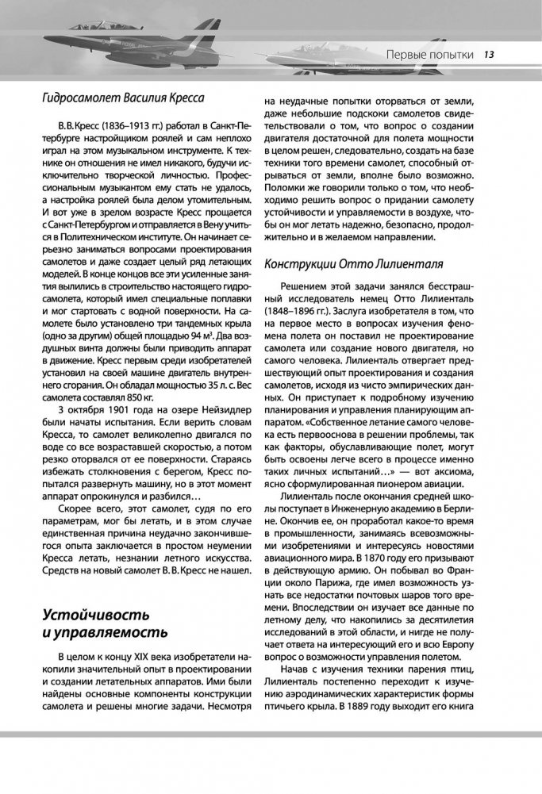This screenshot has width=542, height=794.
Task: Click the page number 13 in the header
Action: coord(490,55)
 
